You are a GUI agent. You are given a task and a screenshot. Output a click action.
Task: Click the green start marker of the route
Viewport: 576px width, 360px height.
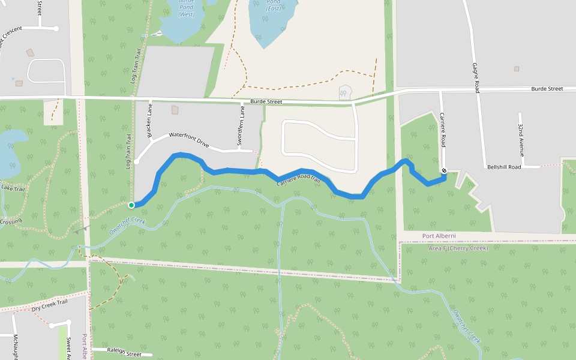point(131,205)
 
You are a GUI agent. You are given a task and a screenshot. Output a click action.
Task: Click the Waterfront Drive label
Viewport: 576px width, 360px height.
point(189,140)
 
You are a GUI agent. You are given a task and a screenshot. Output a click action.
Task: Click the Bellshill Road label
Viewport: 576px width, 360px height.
point(504,167)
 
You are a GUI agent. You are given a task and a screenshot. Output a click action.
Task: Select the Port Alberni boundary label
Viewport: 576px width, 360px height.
point(439,235)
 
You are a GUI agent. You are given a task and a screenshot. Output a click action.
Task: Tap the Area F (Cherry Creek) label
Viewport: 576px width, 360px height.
point(458,248)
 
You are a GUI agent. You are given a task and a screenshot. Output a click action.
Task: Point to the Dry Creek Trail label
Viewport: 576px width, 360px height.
point(50,305)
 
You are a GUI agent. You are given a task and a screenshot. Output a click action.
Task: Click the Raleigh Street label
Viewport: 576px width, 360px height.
point(124,353)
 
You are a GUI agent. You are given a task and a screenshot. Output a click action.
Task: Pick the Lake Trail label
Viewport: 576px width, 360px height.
point(13,188)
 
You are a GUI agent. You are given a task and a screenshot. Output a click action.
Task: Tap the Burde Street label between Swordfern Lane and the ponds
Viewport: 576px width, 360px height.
point(266,102)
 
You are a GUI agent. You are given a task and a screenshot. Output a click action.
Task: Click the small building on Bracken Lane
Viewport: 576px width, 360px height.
point(175,110)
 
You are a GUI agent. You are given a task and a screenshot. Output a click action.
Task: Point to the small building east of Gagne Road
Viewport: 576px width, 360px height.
point(517,68)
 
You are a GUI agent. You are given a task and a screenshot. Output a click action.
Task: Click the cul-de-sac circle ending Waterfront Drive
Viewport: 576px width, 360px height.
point(137,161)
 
